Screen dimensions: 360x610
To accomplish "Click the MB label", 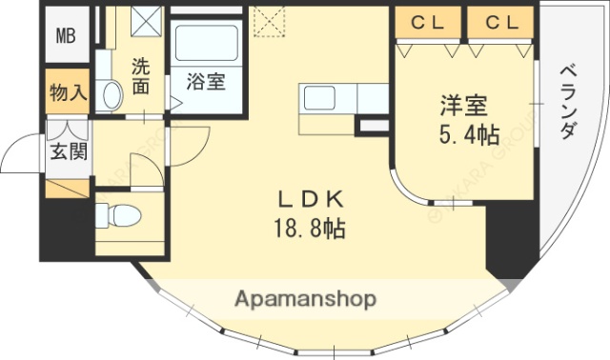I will pyautogui.click(x=65, y=37).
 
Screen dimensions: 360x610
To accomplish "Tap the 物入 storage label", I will pyautogui.click(x=68, y=94).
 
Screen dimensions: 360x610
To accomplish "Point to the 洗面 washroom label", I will pyautogui.click(x=141, y=76).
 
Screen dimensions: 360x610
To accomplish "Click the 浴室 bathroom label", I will pyautogui.click(x=205, y=81).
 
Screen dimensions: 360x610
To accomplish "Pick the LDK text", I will pyautogui.click(x=303, y=200).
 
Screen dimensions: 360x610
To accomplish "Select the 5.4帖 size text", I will pyautogui.click(x=468, y=135).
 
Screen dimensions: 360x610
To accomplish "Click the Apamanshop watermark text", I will pyautogui.click(x=305, y=298).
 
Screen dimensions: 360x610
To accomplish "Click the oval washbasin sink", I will pyautogui.click(x=112, y=95).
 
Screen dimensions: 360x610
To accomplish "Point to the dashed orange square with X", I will pyautogui.click(x=269, y=18).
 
